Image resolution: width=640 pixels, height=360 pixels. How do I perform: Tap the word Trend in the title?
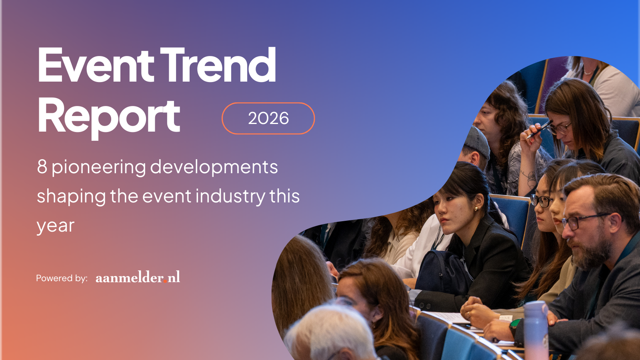218,65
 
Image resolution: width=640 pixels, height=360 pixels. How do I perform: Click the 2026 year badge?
268,118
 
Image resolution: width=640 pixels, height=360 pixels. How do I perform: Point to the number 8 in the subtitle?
42,167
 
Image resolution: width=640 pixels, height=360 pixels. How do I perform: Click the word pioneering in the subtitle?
98,168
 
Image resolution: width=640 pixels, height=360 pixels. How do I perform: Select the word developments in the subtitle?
214,168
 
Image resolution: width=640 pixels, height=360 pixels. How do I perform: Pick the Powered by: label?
62,278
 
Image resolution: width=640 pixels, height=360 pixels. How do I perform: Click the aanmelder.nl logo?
138,277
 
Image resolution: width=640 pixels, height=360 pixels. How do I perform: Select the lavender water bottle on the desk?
536,330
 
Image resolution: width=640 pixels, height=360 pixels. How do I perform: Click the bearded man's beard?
592,252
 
